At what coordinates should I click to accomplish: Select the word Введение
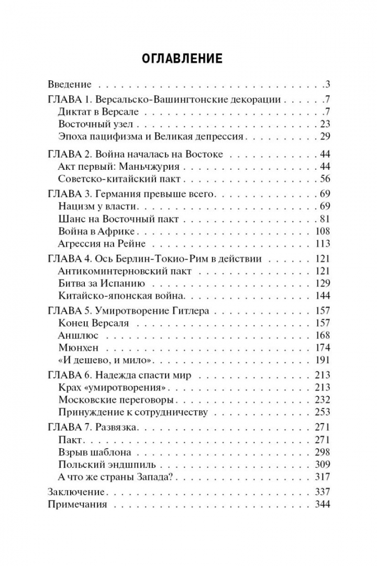[70, 84]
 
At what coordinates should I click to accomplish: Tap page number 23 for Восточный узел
[325, 124]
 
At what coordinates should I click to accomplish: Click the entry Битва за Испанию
[101, 285]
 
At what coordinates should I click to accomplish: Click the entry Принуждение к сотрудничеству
[134, 412]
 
